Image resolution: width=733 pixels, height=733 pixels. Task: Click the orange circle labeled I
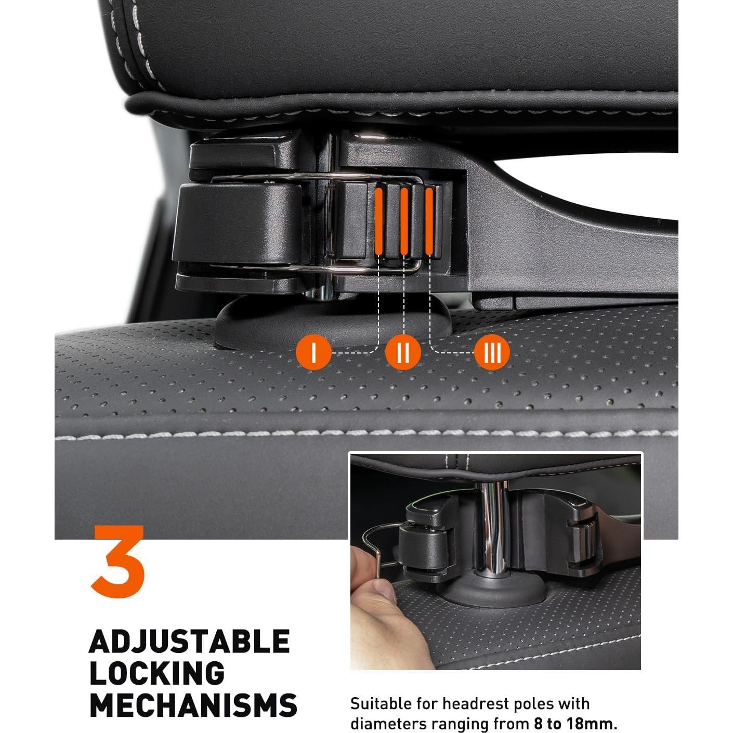tap(313, 352)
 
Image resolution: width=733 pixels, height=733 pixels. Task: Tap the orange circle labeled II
tap(403, 352)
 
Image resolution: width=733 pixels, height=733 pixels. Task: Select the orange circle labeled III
tap(492, 352)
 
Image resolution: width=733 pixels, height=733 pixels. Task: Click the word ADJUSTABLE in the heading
tap(189, 642)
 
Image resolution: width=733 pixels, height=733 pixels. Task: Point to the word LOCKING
tap(157, 673)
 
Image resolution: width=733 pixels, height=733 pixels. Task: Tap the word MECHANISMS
tap(193, 705)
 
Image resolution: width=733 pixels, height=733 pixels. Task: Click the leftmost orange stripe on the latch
tap(379, 220)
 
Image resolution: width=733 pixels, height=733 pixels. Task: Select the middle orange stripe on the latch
tap(404, 220)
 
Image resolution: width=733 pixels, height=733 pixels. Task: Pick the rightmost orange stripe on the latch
tap(429, 220)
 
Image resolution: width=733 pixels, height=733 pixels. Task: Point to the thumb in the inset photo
tap(382, 591)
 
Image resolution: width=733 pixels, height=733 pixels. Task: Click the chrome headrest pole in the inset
tap(491, 525)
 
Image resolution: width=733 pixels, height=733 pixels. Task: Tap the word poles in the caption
tap(535, 704)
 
